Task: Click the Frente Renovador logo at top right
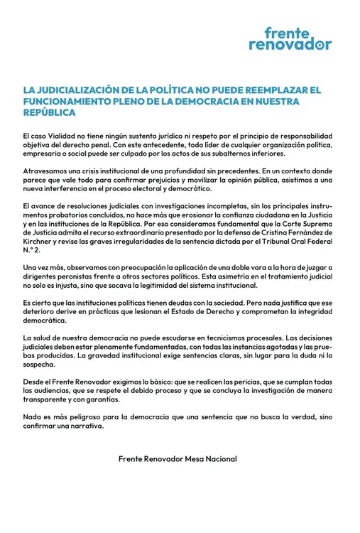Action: pos(290,38)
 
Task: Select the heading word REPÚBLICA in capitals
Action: pos(49,113)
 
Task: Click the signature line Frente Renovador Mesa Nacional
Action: pos(178,459)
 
